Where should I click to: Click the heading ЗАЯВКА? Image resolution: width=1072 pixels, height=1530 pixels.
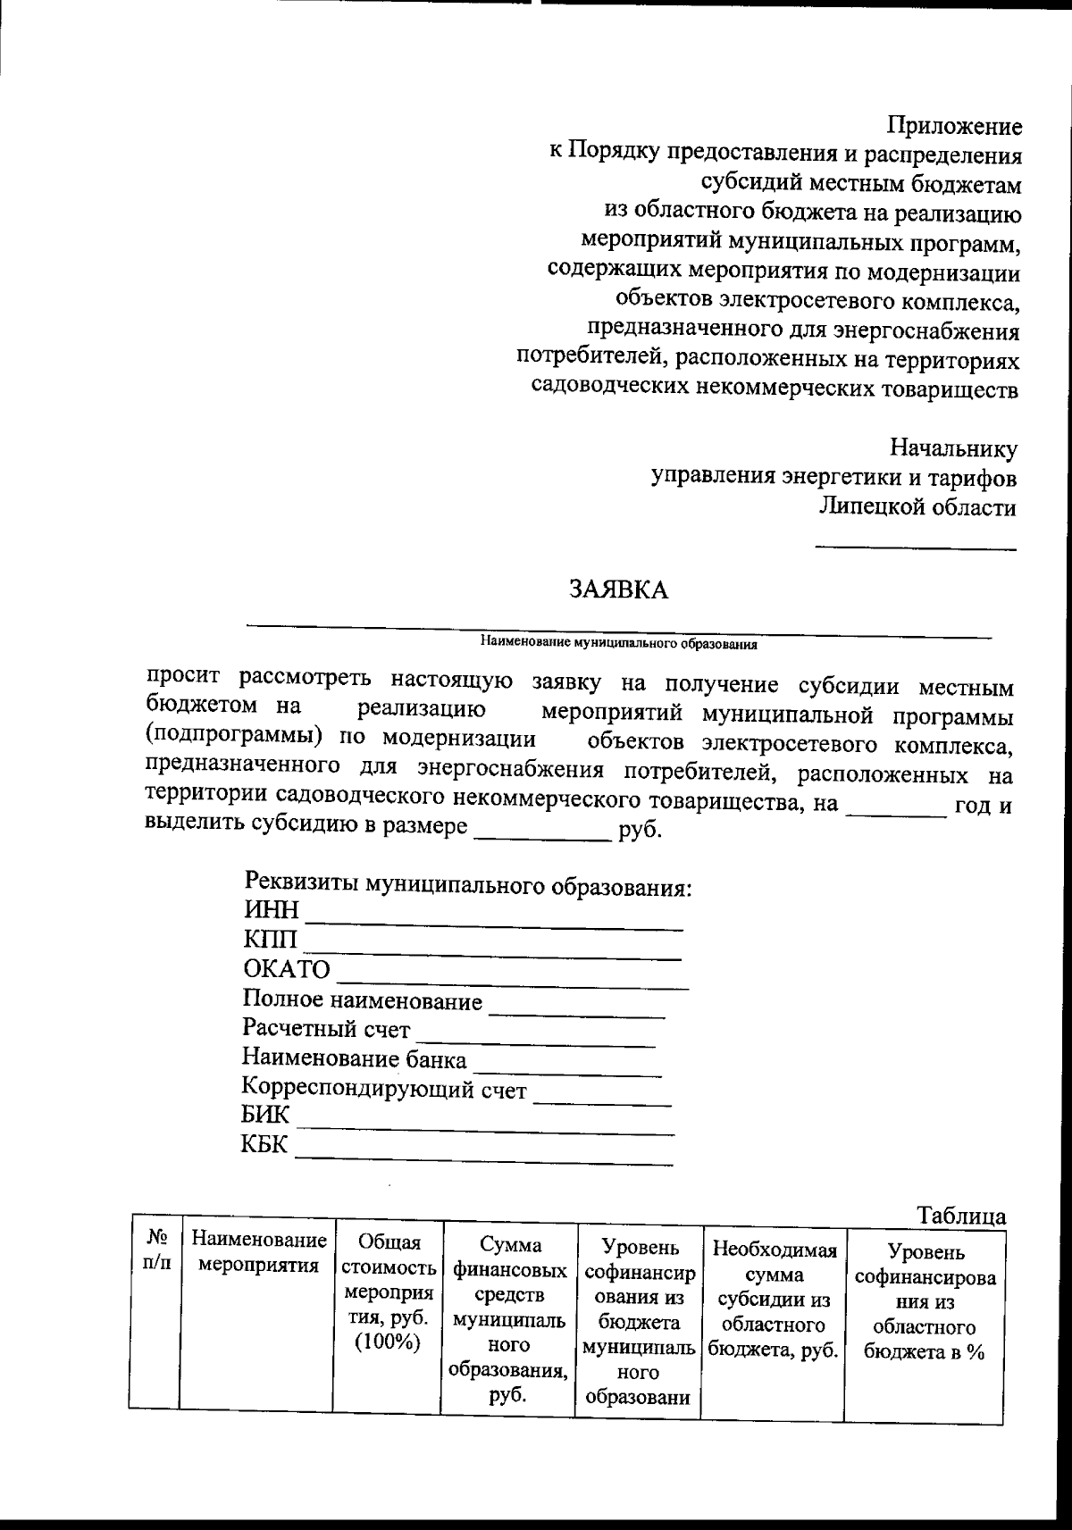(x=619, y=589)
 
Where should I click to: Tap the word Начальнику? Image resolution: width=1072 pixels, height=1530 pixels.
(x=953, y=447)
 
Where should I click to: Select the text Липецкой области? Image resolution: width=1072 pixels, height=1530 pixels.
(x=917, y=507)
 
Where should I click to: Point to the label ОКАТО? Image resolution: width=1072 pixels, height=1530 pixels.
(x=287, y=969)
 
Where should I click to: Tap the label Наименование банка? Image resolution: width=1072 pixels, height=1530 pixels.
(x=354, y=1059)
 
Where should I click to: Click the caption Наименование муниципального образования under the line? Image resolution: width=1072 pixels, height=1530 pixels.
(x=618, y=642)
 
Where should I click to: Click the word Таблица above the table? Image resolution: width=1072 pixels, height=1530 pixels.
(x=961, y=1216)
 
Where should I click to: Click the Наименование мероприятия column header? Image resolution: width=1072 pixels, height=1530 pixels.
(x=258, y=1252)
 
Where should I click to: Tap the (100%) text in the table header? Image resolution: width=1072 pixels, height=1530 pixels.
(x=387, y=1343)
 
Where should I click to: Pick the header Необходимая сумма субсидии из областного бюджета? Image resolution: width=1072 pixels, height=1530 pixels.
(x=774, y=1300)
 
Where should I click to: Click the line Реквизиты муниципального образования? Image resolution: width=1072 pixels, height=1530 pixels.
(x=468, y=887)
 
